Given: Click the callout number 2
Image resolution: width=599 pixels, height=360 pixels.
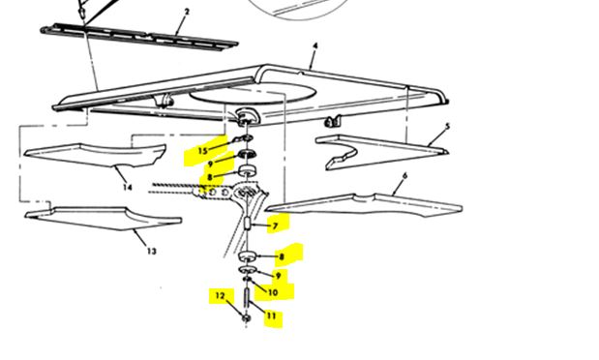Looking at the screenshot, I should (187, 12).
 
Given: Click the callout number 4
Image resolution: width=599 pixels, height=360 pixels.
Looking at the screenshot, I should (314, 45).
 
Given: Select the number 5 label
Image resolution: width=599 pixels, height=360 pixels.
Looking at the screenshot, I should (448, 127).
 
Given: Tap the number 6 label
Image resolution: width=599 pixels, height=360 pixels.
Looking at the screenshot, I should (404, 176).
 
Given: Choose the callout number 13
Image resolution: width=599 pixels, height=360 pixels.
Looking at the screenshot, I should (150, 251).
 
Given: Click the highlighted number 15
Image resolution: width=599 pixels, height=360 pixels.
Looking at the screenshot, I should (202, 151).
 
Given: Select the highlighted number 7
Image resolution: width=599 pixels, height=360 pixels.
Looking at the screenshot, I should (275, 226).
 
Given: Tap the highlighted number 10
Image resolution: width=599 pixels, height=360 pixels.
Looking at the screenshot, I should (273, 292).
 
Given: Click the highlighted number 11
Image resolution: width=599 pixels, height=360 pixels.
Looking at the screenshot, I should (271, 315).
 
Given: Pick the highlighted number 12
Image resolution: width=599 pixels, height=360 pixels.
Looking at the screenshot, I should (220, 296).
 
